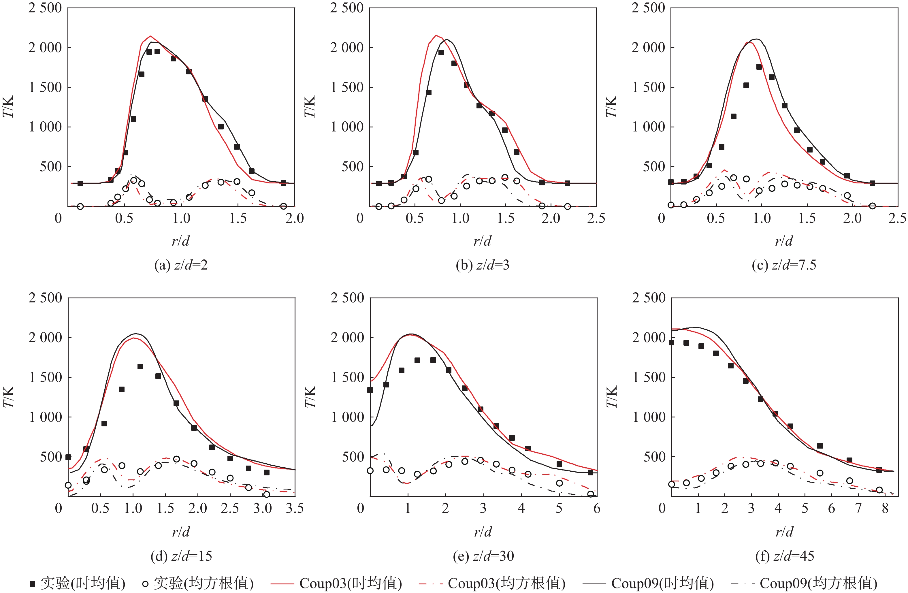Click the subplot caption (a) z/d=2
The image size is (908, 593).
click(181, 265)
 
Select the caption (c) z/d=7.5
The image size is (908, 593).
click(784, 265)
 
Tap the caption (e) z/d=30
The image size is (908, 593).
click(483, 556)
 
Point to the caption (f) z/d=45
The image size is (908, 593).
click(784, 556)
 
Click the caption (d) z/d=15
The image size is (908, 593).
click(181, 556)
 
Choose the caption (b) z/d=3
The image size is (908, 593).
click(483, 265)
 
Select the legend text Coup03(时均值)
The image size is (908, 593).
click(351, 583)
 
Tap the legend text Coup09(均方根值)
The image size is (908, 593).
click(818, 583)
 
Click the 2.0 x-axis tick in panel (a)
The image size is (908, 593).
click(295, 218)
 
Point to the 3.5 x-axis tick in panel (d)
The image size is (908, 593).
click(295, 508)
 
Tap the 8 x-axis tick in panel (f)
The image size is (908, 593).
click(885, 508)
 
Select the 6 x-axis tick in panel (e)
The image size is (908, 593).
click(597, 508)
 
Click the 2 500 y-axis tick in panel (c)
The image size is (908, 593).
click(648, 7)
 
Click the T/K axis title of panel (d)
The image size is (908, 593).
click(8, 397)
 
